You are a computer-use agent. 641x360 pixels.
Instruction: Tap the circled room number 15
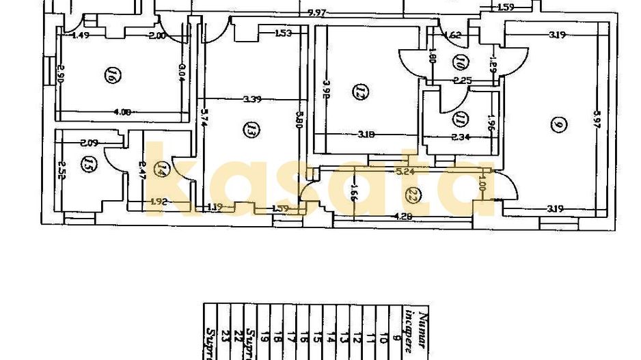tap(87, 164)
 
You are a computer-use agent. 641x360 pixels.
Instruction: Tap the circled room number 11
tap(461, 120)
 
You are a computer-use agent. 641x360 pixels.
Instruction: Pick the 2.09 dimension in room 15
tap(90, 143)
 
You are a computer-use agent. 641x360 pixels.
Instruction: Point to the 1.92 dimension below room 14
tap(159, 202)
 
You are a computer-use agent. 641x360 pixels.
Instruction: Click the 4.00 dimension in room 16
tap(123, 111)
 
